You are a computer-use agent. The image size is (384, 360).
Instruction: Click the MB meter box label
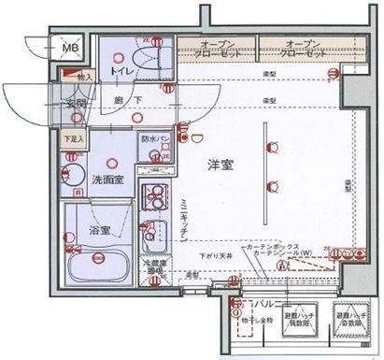pyautogui.click(x=69, y=46)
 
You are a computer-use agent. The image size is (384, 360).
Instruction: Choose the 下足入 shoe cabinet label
pyautogui.click(x=73, y=141)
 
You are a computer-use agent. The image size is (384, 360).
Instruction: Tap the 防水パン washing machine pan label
pyautogui.click(x=154, y=138)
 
